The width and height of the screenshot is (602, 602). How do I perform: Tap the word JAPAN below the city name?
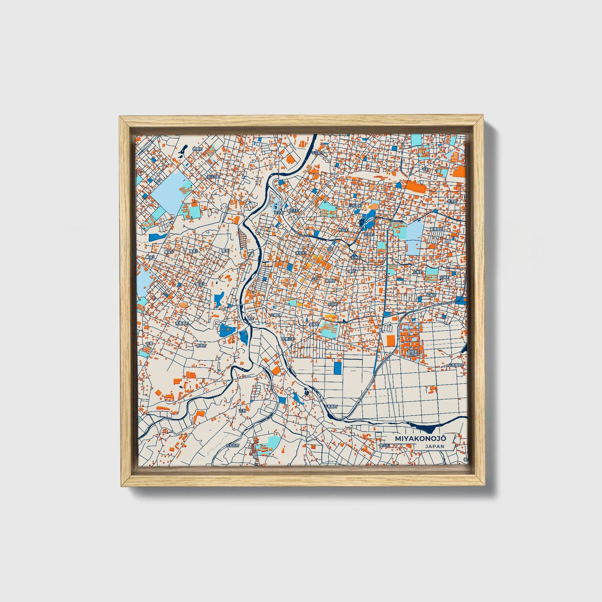(x=435, y=446)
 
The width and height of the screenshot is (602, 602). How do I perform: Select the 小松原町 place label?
(x=355, y=205)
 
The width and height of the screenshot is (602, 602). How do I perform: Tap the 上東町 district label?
(x=417, y=272)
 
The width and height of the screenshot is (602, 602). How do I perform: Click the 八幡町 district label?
(x=275, y=315)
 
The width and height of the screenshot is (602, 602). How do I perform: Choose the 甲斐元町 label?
(x=288, y=339)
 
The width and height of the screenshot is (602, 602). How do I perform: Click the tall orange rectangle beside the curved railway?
(x=390, y=340)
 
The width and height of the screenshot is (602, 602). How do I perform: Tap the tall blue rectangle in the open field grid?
(x=337, y=367)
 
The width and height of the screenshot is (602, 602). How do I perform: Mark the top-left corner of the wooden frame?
(x=120, y=117)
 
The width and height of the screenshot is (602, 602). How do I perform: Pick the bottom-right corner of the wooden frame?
(x=485, y=486)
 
